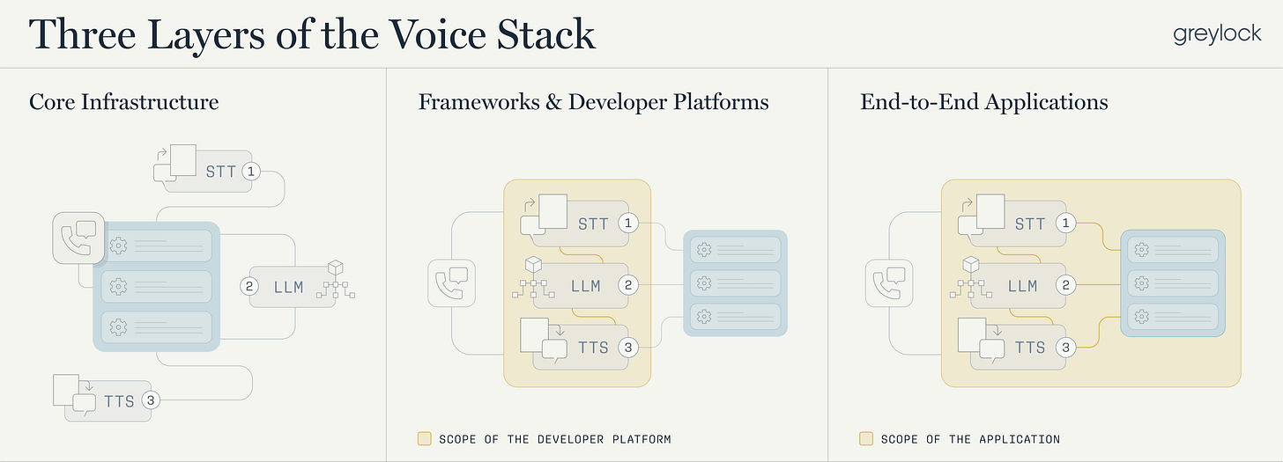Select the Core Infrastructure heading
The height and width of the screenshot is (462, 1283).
tap(123, 102)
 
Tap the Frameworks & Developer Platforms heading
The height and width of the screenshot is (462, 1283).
tap(593, 102)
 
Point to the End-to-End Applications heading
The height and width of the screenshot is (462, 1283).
tap(983, 102)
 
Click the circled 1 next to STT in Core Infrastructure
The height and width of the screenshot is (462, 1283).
tap(251, 171)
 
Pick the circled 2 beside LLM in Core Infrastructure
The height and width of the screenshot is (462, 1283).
tap(249, 286)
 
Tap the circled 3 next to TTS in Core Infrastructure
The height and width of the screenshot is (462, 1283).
tap(152, 400)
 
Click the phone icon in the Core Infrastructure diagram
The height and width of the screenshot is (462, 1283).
tap(78, 237)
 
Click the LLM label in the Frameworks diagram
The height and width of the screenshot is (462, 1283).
tap(585, 286)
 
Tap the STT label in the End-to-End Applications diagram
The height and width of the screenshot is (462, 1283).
tap(1029, 224)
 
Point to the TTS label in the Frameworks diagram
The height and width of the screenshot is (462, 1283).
tap(593, 348)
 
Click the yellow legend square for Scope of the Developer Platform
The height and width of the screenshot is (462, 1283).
tap(424, 438)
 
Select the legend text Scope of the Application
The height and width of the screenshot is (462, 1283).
tap(970, 438)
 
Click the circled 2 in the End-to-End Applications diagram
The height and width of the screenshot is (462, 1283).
tap(1066, 285)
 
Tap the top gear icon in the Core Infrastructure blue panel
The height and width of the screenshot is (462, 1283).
tap(118, 246)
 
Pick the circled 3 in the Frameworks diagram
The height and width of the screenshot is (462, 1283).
tap(627, 348)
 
